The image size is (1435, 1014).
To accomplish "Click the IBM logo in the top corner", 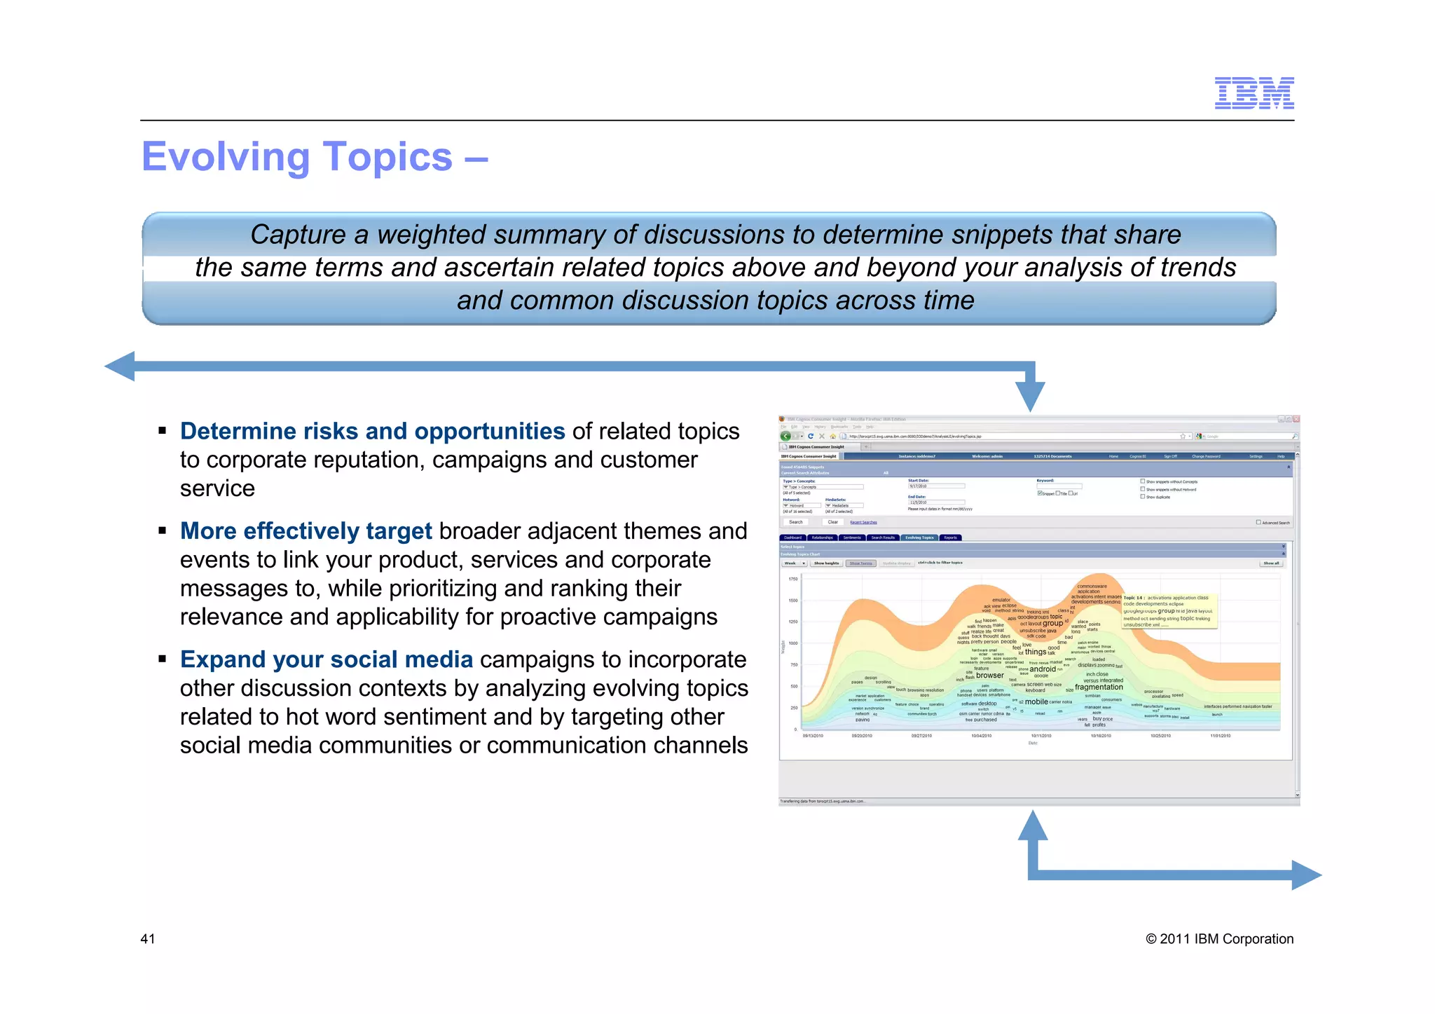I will (1254, 93).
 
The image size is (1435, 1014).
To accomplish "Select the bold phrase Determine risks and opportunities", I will (372, 431).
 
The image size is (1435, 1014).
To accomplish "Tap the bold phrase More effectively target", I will (305, 531).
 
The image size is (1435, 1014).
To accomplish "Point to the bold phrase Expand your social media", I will (326, 659).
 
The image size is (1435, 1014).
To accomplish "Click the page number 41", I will (148, 939).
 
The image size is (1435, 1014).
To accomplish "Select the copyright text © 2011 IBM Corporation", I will (1219, 939).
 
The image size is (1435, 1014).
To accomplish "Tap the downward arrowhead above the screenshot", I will (1030, 397).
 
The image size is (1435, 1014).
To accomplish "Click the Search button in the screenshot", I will (796, 522).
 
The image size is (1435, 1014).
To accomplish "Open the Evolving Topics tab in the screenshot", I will (919, 537).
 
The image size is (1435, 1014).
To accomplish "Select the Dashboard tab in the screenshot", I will (792, 537).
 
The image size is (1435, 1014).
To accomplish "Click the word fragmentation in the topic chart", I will (1099, 687).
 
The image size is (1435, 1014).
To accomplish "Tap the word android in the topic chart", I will (1043, 669).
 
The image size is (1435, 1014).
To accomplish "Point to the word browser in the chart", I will (990, 676).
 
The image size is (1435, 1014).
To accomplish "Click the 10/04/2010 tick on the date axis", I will (981, 736).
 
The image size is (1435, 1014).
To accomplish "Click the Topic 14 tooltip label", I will (1134, 598).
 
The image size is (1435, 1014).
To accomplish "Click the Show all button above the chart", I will (1271, 563).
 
